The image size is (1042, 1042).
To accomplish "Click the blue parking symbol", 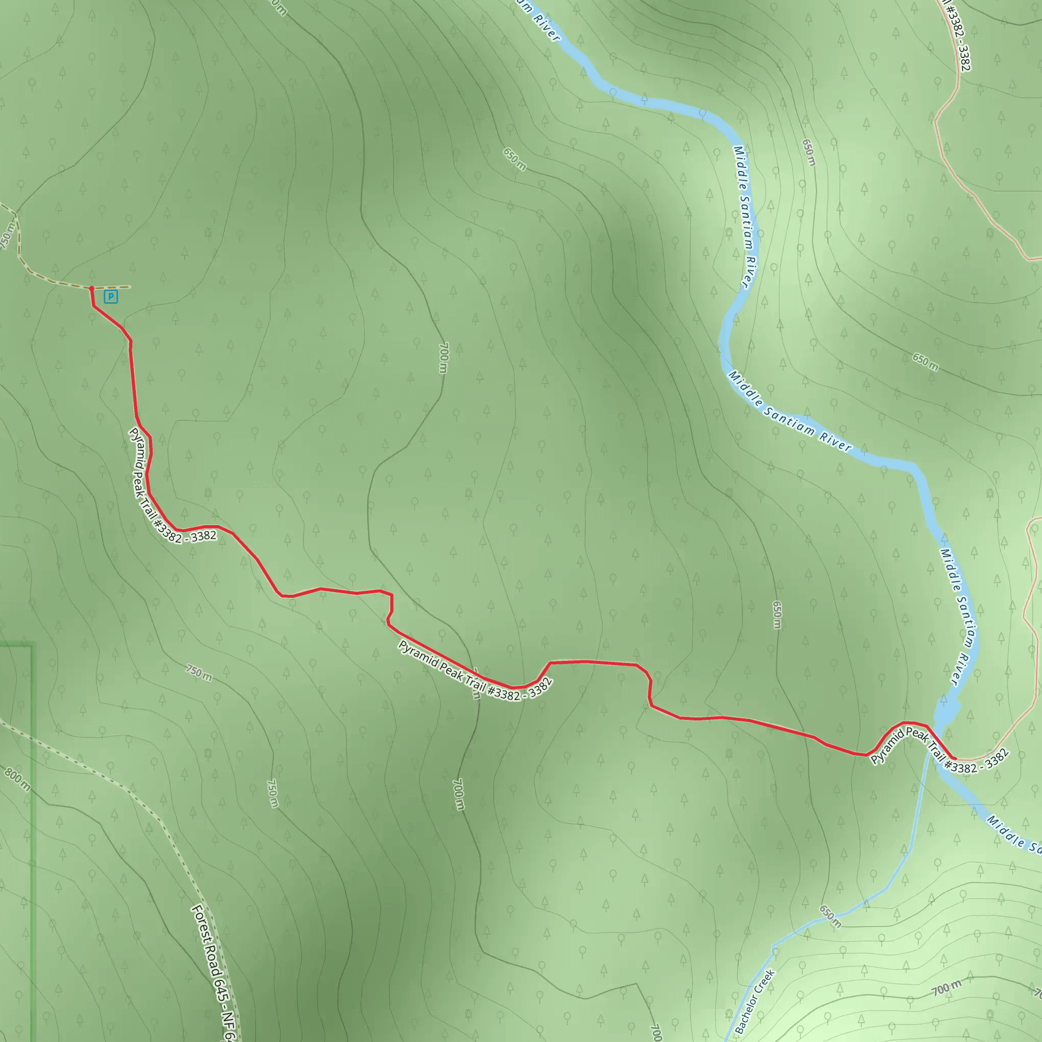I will tap(110, 296).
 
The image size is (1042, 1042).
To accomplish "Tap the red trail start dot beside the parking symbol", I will tap(92, 288).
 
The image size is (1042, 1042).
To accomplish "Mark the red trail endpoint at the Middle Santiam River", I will tap(954, 759).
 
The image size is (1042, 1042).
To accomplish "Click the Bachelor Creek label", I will tap(755, 1001).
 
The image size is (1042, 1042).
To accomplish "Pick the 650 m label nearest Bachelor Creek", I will tap(830, 916).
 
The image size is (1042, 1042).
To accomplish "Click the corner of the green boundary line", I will tap(33, 645).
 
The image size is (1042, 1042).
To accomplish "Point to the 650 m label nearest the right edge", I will tap(925, 362).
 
